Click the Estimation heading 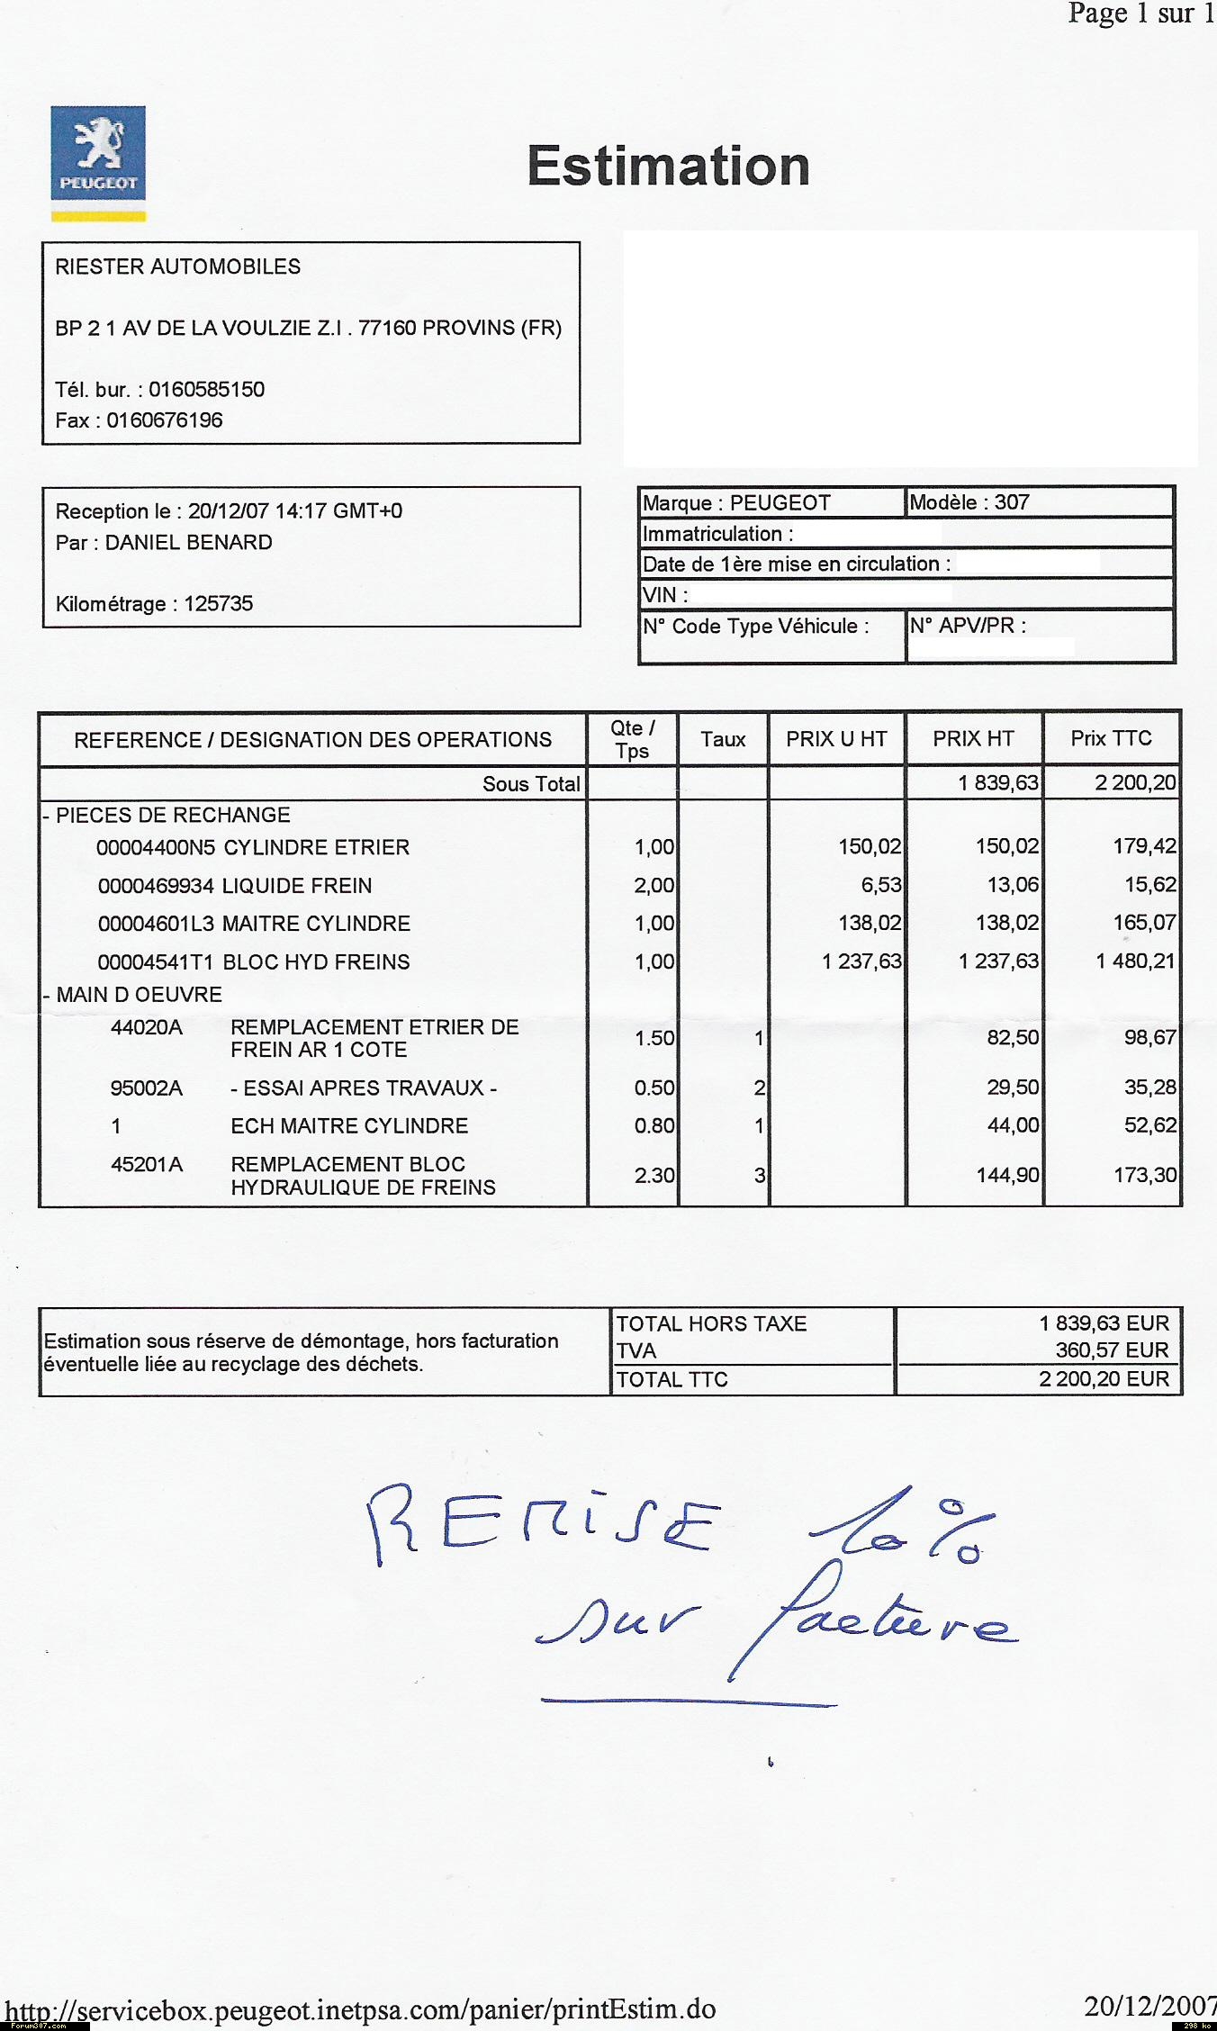point(668,167)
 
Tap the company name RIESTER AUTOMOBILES point(178,266)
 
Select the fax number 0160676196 point(165,420)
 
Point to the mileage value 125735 point(219,604)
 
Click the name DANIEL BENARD point(189,543)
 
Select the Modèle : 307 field point(969,502)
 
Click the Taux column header point(723,740)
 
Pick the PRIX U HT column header point(836,740)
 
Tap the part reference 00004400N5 point(156,848)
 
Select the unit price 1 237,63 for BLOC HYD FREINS point(861,961)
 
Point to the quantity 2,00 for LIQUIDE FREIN point(654,886)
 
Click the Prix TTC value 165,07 point(1144,923)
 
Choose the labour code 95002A point(146,1088)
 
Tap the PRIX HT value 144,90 point(1007,1175)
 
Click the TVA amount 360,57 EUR point(1112,1350)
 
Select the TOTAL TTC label point(672,1380)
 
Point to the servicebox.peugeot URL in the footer point(360,2009)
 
